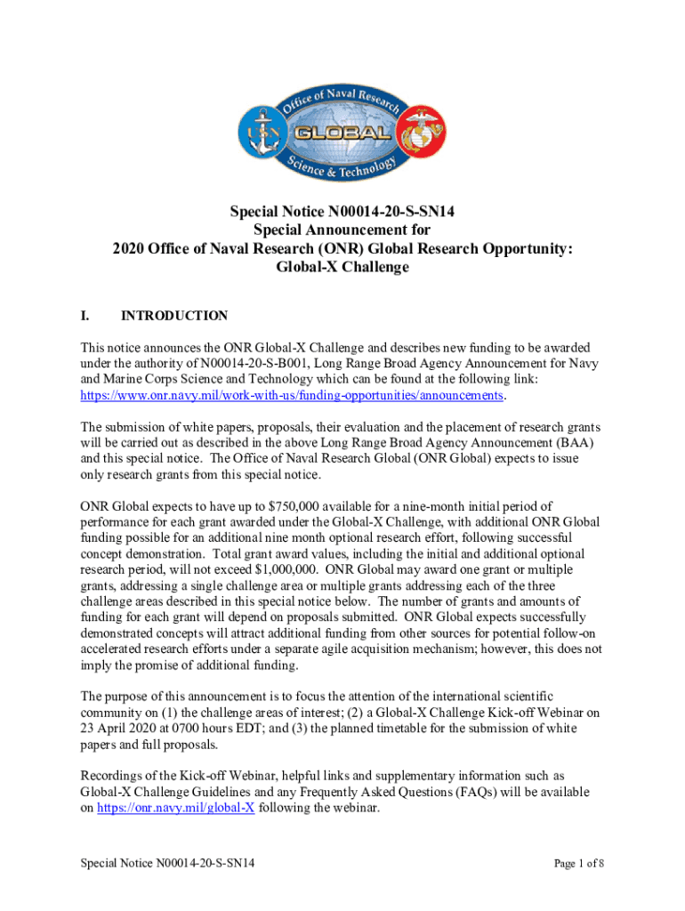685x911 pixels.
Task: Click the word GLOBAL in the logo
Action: pyautogui.click(x=342, y=133)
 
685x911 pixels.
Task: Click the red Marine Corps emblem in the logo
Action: pyautogui.click(x=423, y=134)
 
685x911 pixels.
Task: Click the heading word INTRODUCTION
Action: pyautogui.click(x=174, y=316)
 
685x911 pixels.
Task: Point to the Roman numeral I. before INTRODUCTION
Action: pyautogui.click(x=86, y=316)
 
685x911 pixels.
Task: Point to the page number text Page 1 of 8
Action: pyautogui.click(x=579, y=863)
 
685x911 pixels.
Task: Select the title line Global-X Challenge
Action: pyautogui.click(x=342, y=267)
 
